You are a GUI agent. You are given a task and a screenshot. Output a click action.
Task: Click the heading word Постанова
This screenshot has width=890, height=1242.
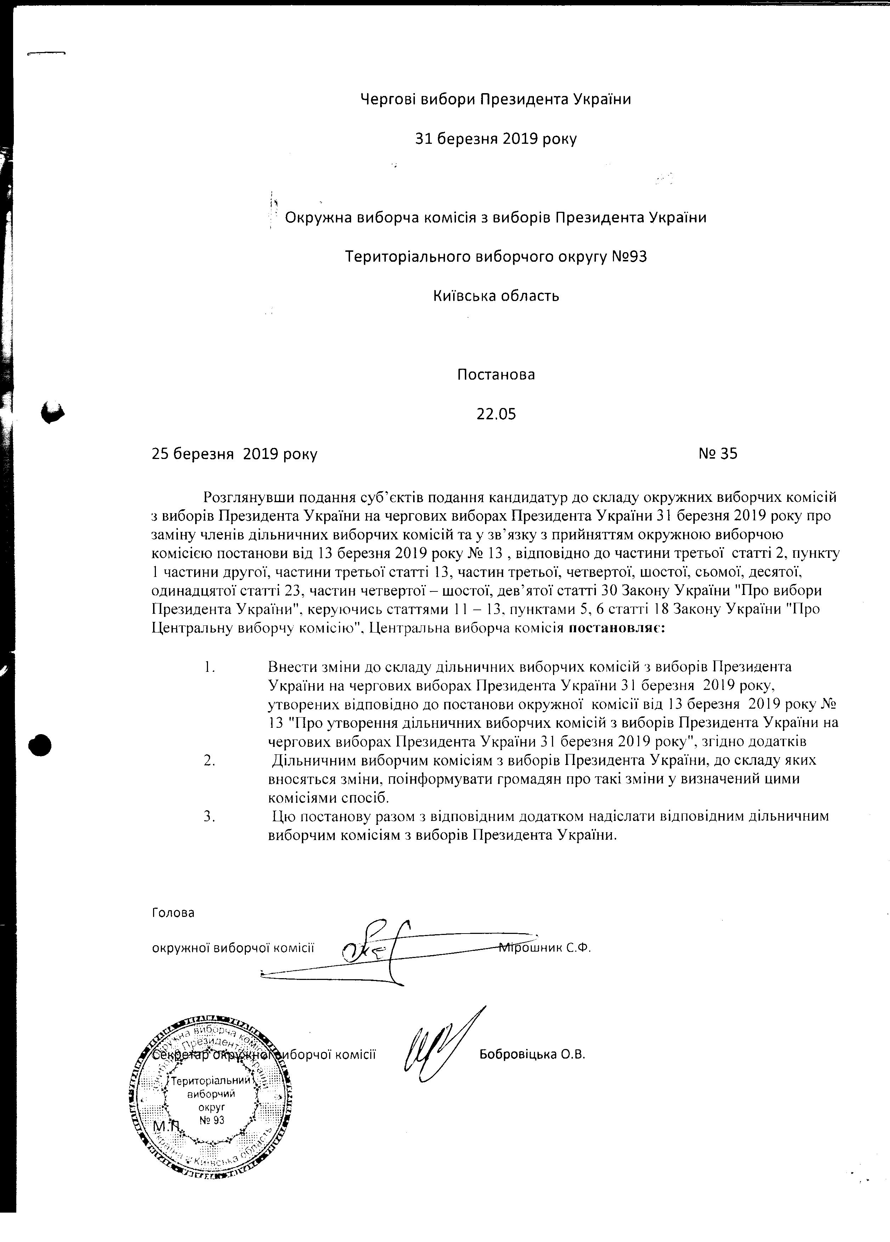pos(496,375)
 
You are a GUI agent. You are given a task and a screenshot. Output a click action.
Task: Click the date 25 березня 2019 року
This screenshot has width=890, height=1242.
pos(235,454)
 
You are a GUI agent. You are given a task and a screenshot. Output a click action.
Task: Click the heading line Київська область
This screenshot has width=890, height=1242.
pos(496,296)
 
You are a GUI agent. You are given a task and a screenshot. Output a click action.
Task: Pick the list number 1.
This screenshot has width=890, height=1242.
pos(208,668)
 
